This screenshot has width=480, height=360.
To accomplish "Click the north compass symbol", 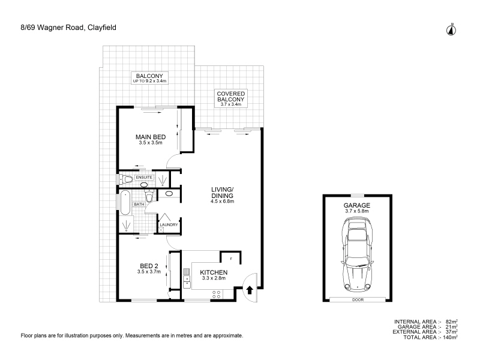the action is coord(451,29).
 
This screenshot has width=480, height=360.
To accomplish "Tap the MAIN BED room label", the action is coord(151,137).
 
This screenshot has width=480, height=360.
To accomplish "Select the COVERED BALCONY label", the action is coord(231,97).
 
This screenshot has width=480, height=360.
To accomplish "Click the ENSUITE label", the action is coord(144,177).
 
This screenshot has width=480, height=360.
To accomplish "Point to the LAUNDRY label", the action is coord(169,224).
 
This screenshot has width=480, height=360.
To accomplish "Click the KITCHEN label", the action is coord(214,272).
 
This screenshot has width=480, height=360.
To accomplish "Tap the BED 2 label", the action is coord(149,266).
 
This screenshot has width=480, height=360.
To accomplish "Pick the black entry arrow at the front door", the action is coord(250,290).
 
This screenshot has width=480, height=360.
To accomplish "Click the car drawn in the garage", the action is coord(357,254).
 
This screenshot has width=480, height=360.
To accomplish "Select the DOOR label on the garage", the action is coord(358,299).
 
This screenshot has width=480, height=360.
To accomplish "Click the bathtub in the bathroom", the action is coord(125,203).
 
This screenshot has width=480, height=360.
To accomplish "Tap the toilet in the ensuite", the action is coord(127,179).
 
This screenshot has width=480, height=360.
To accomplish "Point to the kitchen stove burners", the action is coord(217,295).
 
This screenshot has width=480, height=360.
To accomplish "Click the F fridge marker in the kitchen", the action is coord(231,259).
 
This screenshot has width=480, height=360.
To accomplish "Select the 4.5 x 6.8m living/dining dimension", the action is coord(222,202).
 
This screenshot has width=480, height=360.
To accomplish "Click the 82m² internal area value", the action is coord(452,322).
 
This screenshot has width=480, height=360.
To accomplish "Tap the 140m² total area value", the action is coord(450,337).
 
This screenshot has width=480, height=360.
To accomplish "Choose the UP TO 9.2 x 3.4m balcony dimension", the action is coord(149,81).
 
